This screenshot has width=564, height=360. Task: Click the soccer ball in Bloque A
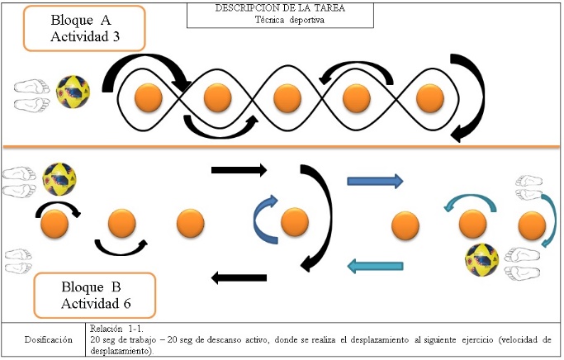pos(73,92)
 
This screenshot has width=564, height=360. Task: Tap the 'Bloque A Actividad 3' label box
pos(84,28)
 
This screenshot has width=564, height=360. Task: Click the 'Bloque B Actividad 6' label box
pos(95,296)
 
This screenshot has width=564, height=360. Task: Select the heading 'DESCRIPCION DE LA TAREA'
pos(280,8)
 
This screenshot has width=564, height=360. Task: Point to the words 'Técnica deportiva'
pos(290,20)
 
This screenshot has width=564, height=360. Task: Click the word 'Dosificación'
pos(48,339)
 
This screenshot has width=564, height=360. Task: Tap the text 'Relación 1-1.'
pos(116,329)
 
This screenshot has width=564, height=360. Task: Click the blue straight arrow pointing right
pos(375,181)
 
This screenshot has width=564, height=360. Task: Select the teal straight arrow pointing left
pos(375,266)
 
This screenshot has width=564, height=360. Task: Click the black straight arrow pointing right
pos(239,170)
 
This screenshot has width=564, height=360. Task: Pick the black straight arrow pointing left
pos(239,277)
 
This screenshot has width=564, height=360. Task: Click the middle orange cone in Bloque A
pos(287,97)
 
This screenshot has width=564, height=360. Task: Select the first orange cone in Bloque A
pos(148,97)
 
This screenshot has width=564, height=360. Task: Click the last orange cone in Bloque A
pos(430,97)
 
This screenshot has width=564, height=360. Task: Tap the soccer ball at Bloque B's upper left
pos(59,179)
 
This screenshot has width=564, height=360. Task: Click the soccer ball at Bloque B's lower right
pos(482,260)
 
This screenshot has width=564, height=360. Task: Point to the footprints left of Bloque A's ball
pos(31,95)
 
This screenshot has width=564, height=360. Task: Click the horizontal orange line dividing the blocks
pos(282,146)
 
